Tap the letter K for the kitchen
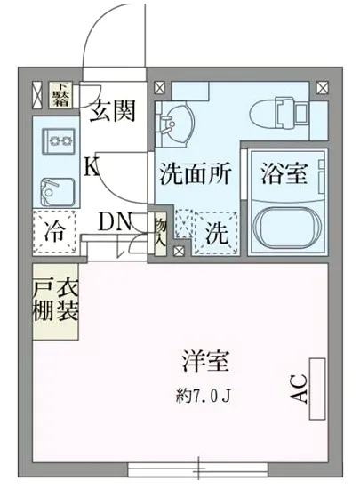[92, 165]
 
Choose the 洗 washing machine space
[216, 236]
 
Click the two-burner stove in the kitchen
[59, 140]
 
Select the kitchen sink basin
[59, 187]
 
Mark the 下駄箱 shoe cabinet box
[60, 94]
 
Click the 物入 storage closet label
[160, 234]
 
